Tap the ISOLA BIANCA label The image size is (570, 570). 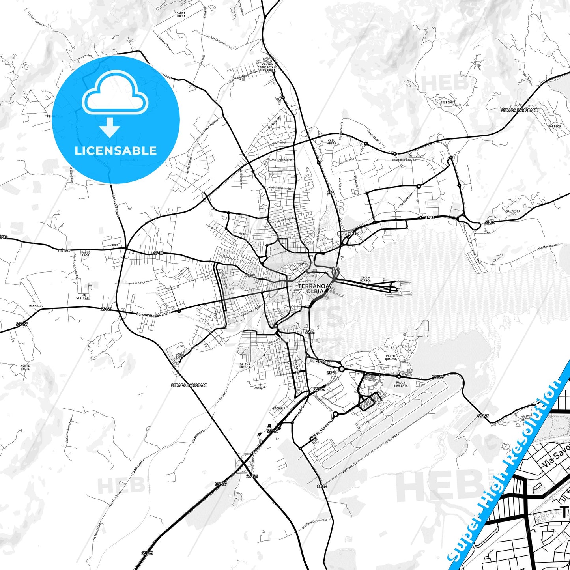coord(365,279)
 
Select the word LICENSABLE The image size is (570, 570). coord(116,150)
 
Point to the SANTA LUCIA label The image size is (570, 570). coord(181,15)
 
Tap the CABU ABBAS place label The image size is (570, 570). coord(331,142)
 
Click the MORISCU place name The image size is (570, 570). coord(554,126)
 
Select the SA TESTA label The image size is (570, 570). coord(513,211)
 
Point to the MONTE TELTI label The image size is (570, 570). coord(25,367)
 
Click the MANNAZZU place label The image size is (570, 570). coord(36,306)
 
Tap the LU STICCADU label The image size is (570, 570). coord(83,297)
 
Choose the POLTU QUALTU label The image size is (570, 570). coord(390,357)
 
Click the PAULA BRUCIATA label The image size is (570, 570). coord(400,384)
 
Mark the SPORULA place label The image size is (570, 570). coord(279,409)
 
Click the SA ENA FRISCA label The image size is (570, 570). coord(245,366)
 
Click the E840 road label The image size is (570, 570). coord(331,372)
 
